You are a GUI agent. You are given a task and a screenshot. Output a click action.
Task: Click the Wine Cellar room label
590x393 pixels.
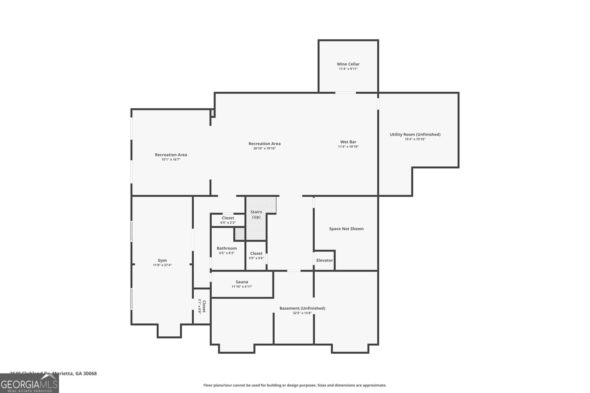pyautogui.click(x=348, y=64)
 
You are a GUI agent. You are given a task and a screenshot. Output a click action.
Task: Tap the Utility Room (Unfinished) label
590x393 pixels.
pyautogui.click(x=415, y=134)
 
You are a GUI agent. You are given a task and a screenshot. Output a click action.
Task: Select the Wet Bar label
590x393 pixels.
pyautogui.click(x=348, y=142)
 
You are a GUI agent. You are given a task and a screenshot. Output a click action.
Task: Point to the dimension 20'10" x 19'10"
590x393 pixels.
pyautogui.click(x=264, y=148)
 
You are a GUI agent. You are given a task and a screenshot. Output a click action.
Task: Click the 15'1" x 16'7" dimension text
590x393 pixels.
pyautogui.click(x=171, y=159)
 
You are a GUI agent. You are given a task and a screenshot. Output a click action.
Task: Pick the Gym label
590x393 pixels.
pyautogui.click(x=162, y=260)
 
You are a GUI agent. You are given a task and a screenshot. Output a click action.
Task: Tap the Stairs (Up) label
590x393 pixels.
pyautogui.click(x=256, y=214)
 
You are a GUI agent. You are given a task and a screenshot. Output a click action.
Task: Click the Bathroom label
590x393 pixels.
pyautogui.click(x=227, y=248)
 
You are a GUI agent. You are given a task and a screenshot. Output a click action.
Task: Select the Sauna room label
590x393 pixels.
pyautogui.click(x=242, y=282)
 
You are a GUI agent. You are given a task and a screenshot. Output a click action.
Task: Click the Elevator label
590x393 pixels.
pyautogui.click(x=324, y=260)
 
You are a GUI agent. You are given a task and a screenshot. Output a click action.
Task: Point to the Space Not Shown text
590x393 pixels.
pyautogui.click(x=346, y=229)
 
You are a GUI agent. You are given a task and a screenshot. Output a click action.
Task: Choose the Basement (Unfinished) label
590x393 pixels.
pyautogui.click(x=302, y=308)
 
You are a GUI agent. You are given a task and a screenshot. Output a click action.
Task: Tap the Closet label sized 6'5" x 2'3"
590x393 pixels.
pyautogui.click(x=228, y=218)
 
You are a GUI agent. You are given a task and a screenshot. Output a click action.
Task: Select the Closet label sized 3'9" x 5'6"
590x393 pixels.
pyautogui.click(x=256, y=253)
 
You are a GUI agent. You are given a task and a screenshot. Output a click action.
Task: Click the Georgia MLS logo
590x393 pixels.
pyautogui.click(x=29, y=383)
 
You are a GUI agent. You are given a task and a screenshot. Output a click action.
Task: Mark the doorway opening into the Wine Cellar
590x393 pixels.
pyautogui.click(x=345, y=92)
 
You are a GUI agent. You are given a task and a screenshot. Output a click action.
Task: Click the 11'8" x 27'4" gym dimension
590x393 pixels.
pyautogui.click(x=162, y=265)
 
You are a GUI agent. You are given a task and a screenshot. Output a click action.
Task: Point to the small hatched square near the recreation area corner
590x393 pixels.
pyautogui.click(x=213, y=113)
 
